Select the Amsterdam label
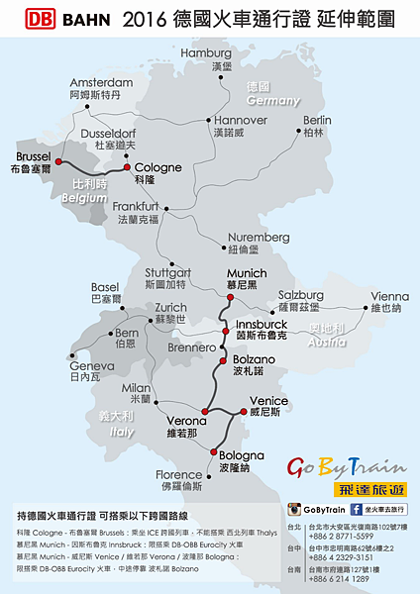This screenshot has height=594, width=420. click(x=94, y=82)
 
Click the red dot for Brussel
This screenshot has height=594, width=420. click(x=58, y=160)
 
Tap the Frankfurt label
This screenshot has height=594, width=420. click(x=137, y=206)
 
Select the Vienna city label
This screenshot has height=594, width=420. click(x=389, y=296)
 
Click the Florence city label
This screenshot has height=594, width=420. click(x=178, y=475)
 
